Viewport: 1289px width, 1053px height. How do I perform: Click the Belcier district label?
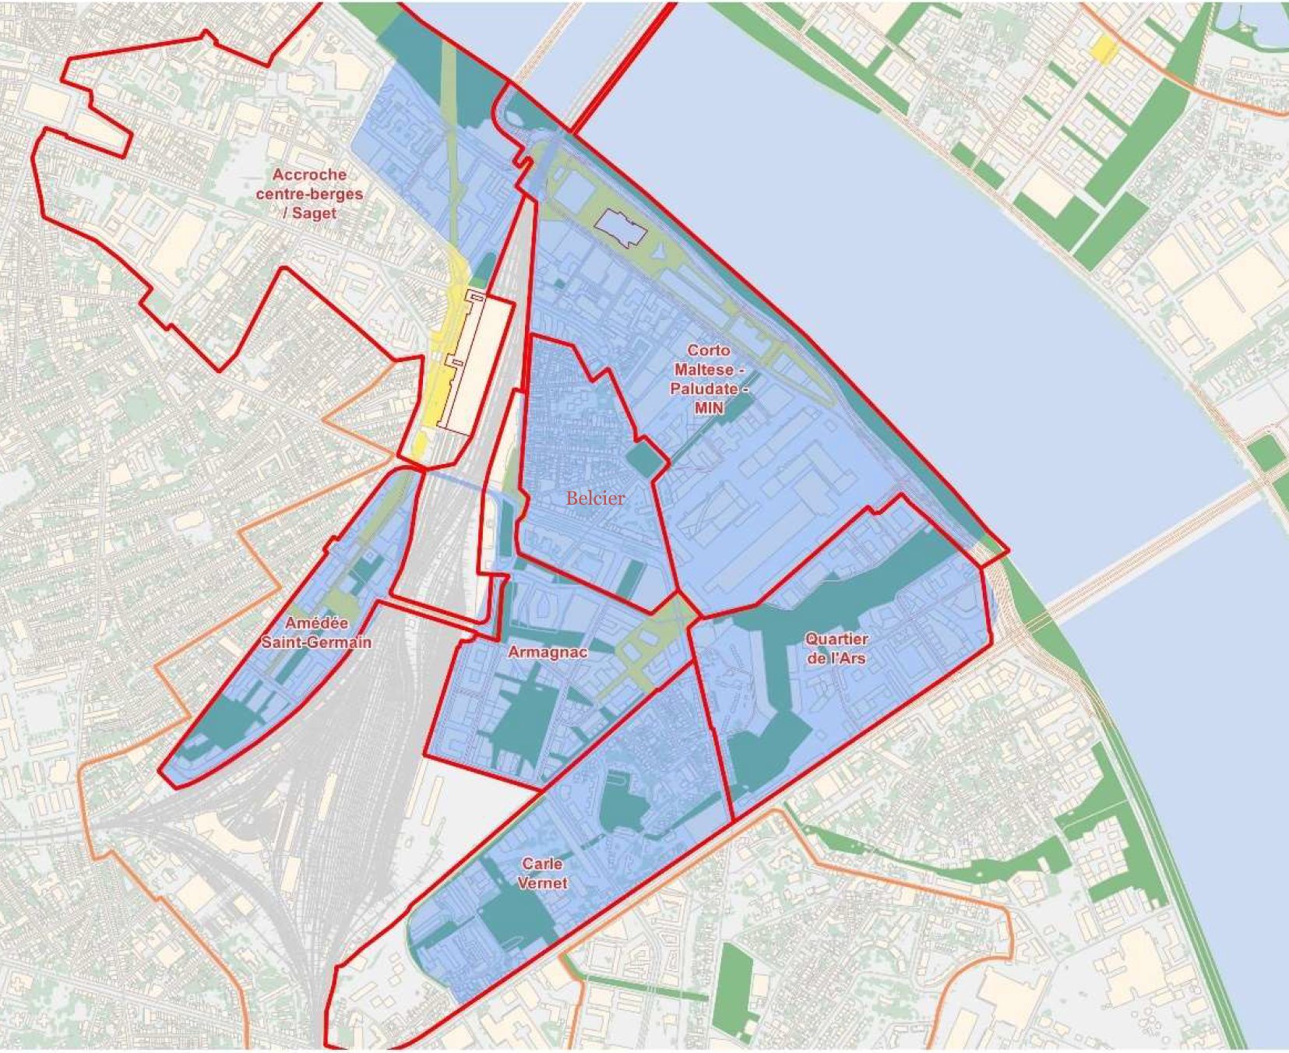pyautogui.click(x=595, y=498)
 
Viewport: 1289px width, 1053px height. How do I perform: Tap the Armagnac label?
pyautogui.click(x=548, y=652)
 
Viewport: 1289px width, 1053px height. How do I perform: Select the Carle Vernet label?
pyautogui.click(x=543, y=873)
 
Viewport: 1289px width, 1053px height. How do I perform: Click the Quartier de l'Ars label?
pyautogui.click(x=836, y=648)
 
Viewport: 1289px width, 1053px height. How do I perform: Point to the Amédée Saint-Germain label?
pyautogui.click(x=316, y=632)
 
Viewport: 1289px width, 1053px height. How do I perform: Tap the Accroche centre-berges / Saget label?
pyautogui.click(x=309, y=194)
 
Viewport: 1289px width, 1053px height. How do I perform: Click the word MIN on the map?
pyautogui.click(x=709, y=407)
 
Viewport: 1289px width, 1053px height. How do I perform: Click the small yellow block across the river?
pyautogui.click(x=1104, y=50)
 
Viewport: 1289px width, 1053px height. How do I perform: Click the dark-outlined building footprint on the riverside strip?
pyautogui.click(x=621, y=227)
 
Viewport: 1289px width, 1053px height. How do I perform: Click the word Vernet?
pyautogui.click(x=543, y=883)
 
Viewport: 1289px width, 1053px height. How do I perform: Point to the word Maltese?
pyautogui.click(x=703, y=369)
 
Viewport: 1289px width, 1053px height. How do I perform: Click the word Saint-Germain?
pyautogui.click(x=316, y=643)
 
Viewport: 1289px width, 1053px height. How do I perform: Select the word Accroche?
pyautogui.click(x=309, y=174)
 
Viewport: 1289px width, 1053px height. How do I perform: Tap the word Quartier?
pyautogui.click(x=836, y=639)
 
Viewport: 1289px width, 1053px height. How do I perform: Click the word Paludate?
pyautogui.click(x=703, y=388)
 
